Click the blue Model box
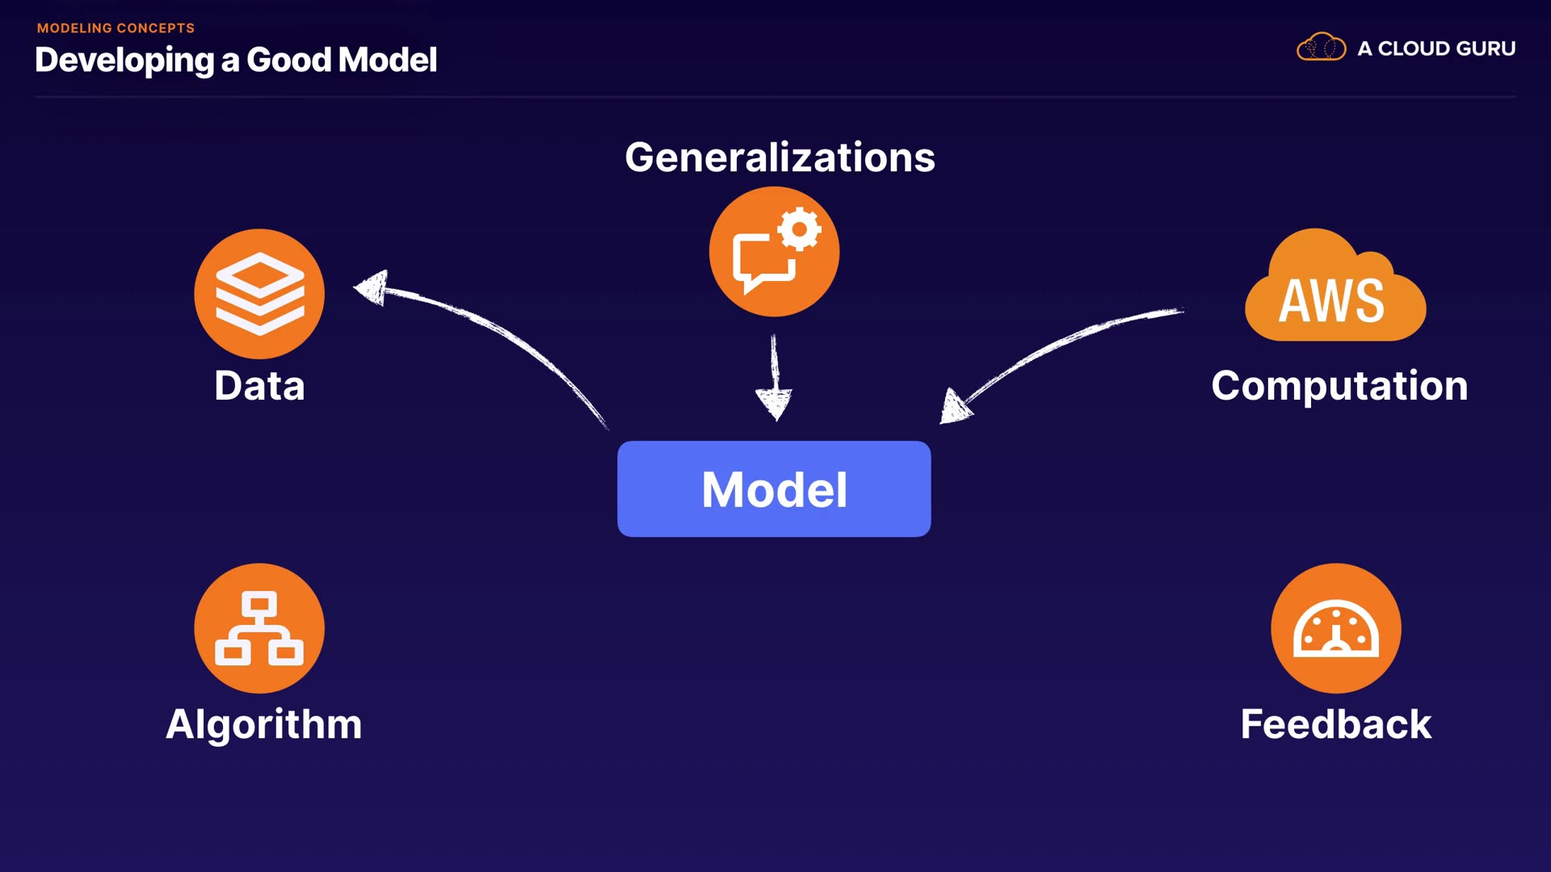774,488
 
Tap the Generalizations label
780,157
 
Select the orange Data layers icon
259,294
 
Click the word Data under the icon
259,385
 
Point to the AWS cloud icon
1335,289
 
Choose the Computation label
1339,385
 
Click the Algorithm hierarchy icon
259,628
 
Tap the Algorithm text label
264,723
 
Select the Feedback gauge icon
1336,628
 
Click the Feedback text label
1336,723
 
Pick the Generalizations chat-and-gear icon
774,252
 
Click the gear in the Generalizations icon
800,229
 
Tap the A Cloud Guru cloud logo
1322,48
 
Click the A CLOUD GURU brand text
1436,48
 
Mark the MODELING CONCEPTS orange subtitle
116,28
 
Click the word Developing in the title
124,60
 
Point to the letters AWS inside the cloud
1331,301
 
